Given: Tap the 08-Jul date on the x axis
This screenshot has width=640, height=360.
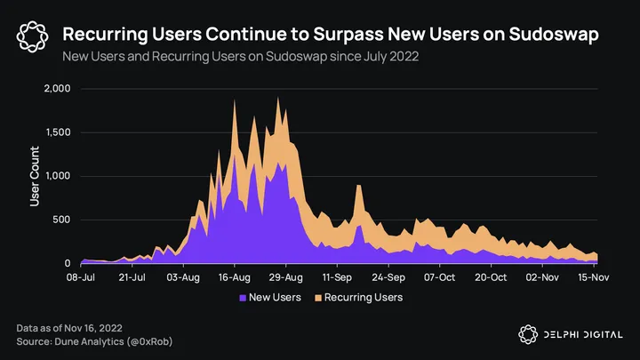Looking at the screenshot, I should click(x=81, y=277).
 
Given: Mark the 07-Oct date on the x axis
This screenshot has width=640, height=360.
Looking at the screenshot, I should click(x=439, y=277).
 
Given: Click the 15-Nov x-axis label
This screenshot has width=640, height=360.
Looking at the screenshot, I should click(x=592, y=277).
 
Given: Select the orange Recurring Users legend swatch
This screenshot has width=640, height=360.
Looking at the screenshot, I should click(x=317, y=297).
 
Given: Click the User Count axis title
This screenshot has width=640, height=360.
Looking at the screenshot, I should click(x=35, y=176).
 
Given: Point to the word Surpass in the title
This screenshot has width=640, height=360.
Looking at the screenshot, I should click(x=326, y=34).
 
